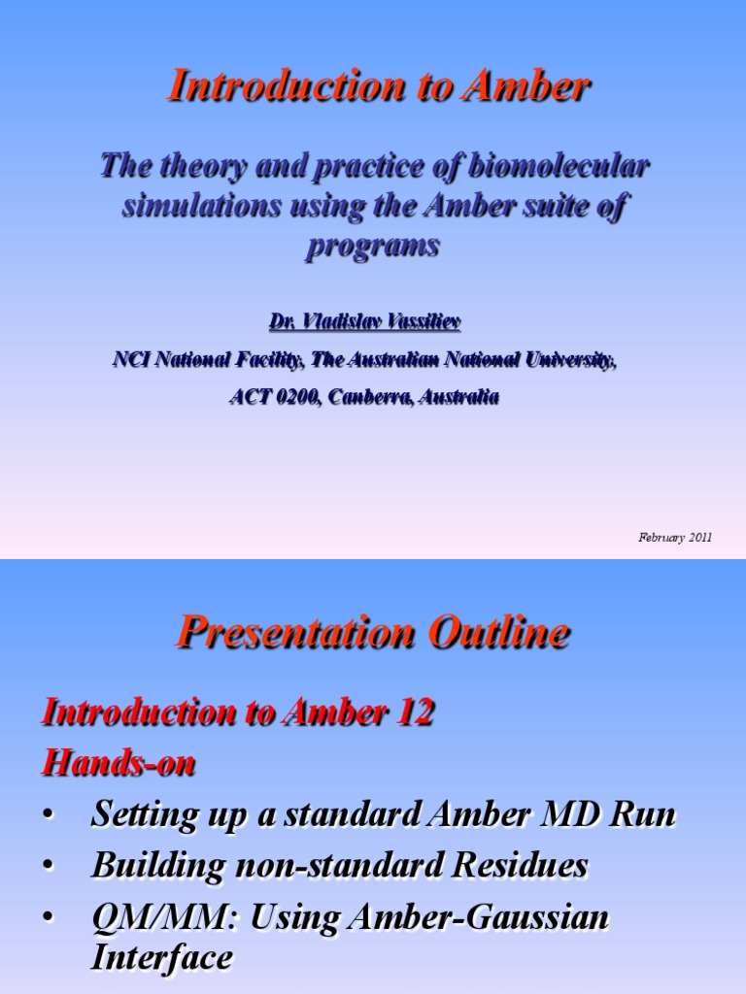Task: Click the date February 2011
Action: (x=675, y=537)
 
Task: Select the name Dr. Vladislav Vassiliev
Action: (x=365, y=321)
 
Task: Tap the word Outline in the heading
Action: (x=492, y=634)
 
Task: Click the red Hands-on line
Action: (x=118, y=764)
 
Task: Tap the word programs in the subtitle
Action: (x=373, y=246)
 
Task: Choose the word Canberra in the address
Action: (x=368, y=396)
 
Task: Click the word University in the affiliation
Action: (x=567, y=359)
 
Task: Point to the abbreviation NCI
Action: (x=131, y=359)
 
